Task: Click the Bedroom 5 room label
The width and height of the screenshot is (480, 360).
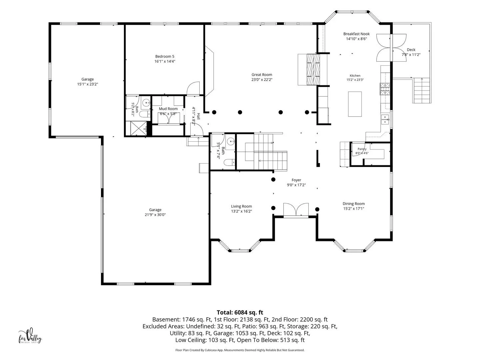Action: [x=165, y=56]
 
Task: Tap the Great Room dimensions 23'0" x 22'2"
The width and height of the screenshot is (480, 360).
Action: [x=262, y=80]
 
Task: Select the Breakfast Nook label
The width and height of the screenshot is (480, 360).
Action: [x=356, y=34]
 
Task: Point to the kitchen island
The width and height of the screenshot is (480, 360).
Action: [x=355, y=104]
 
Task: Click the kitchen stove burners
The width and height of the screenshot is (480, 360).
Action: [x=385, y=89]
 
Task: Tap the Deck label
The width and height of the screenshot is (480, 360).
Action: [x=411, y=50]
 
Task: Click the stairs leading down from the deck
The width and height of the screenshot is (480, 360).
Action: [x=422, y=90]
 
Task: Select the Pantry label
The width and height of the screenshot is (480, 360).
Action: [x=362, y=149]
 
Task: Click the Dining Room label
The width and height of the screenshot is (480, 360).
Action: [x=353, y=204]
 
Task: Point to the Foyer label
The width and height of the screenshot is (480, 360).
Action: [x=296, y=180]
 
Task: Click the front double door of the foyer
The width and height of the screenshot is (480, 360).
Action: [x=296, y=210]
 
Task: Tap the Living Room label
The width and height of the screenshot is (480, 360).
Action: [x=241, y=206]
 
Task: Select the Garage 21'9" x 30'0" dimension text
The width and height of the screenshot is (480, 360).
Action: [x=155, y=215]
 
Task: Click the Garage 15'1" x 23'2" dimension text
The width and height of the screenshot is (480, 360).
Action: [x=87, y=84]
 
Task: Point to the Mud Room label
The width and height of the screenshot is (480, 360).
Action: [x=168, y=109]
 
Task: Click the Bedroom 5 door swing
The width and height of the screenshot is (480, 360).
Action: [x=193, y=88]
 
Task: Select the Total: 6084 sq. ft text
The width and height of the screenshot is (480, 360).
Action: [x=240, y=312]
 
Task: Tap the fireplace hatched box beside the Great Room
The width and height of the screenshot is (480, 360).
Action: [x=313, y=70]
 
